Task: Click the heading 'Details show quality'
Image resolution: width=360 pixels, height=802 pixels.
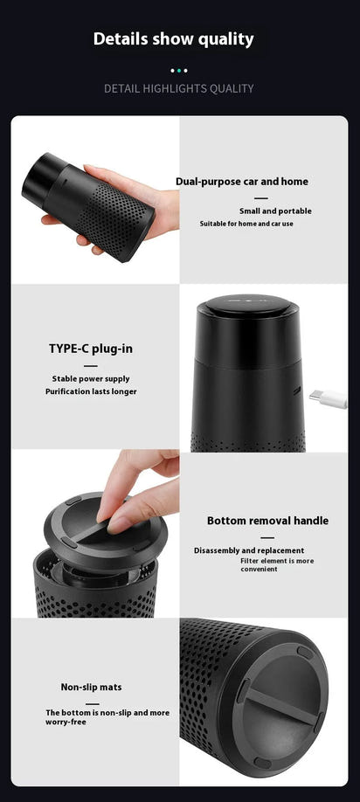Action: [x=173, y=38]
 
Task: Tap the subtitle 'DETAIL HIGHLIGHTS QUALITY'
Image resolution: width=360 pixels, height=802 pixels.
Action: [x=179, y=88]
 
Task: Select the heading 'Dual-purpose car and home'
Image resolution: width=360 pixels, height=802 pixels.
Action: [x=241, y=182]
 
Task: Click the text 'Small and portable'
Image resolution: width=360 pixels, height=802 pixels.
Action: [x=275, y=211]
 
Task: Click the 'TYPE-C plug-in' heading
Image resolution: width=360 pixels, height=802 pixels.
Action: [x=91, y=349]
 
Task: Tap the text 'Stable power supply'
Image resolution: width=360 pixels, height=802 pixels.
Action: [x=91, y=378]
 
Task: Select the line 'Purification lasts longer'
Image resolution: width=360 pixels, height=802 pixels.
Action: [x=91, y=391]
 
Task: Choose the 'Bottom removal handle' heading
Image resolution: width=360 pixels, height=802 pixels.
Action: [x=267, y=521]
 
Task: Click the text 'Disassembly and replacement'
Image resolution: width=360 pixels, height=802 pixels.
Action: [x=249, y=550]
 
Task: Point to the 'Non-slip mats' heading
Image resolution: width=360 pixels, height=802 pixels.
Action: [x=91, y=687]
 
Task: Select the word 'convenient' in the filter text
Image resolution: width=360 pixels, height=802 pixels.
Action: [x=259, y=569]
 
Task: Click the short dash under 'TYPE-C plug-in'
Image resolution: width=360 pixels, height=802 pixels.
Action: [x=91, y=366]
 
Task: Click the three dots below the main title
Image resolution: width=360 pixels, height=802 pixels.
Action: [x=178, y=70]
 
